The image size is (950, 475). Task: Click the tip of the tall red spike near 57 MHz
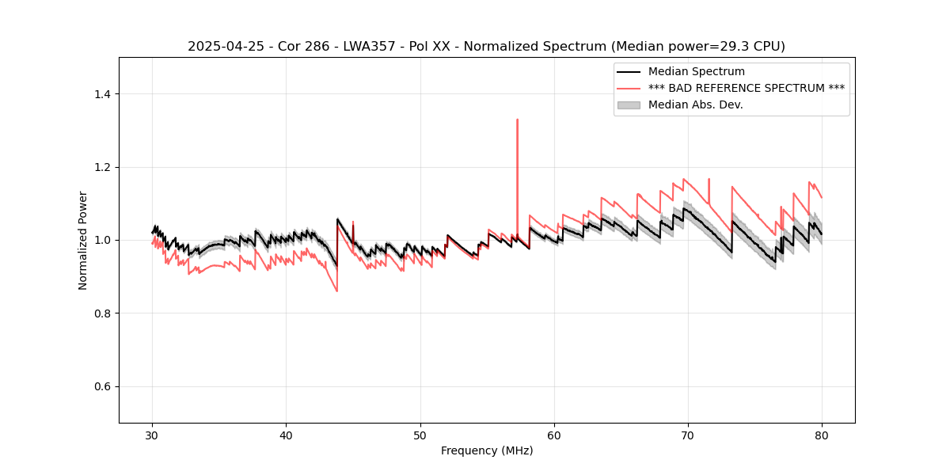tap(517, 120)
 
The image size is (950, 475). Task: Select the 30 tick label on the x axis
tap(153, 435)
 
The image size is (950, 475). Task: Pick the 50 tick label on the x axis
tap(420, 435)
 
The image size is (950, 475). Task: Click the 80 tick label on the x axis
tap(822, 435)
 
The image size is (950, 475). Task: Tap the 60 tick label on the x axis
tap(554, 435)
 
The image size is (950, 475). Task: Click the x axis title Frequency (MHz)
tap(487, 451)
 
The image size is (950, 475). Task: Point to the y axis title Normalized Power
tap(83, 240)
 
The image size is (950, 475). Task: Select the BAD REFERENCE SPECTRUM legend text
tap(746, 88)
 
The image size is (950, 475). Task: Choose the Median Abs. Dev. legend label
tap(695, 104)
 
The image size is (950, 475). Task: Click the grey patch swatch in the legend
tap(629, 104)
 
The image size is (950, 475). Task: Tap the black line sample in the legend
tap(629, 72)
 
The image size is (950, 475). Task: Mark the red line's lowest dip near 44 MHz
tap(336, 291)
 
